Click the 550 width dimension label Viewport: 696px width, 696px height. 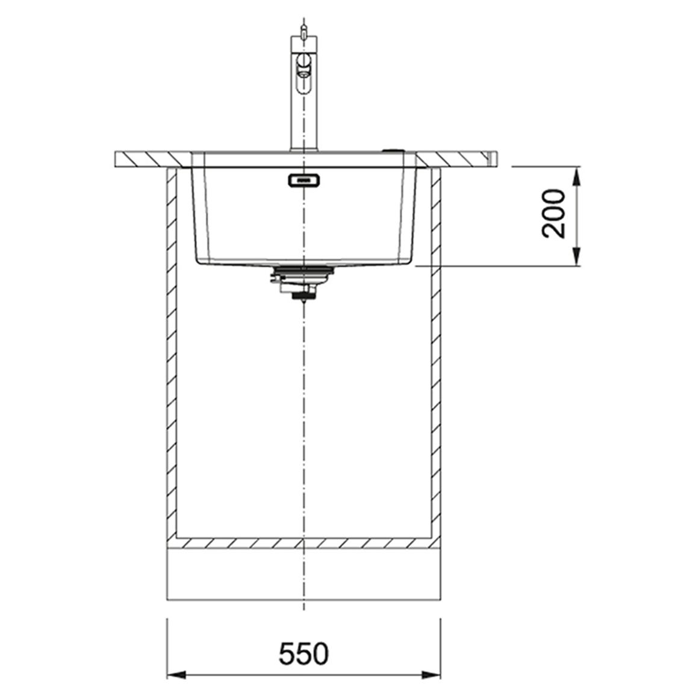[x=303, y=653]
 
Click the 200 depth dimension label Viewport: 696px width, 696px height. [x=553, y=214]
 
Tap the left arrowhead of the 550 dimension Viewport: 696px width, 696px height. [x=176, y=675]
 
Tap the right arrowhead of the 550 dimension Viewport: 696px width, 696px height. [x=431, y=675]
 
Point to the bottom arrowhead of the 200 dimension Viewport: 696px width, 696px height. [x=576, y=257]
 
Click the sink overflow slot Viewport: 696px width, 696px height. [x=304, y=181]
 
